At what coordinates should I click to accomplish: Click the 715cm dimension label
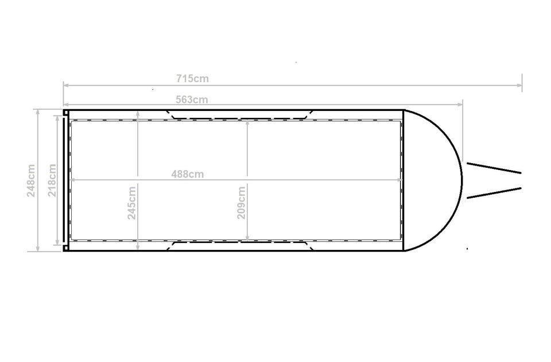[x=192, y=79]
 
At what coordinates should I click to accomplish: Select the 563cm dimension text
[x=192, y=100]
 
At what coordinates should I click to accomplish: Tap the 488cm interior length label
[x=187, y=174]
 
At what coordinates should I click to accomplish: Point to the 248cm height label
[x=31, y=180]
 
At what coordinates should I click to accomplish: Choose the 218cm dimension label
[x=52, y=180]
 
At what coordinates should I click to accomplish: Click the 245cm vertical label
[x=132, y=203]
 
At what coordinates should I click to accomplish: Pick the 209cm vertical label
[x=241, y=203]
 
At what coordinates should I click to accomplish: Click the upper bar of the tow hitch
[x=494, y=168]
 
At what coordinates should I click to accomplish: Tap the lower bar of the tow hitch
[x=494, y=193]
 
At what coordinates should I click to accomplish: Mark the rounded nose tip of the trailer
[x=461, y=180]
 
